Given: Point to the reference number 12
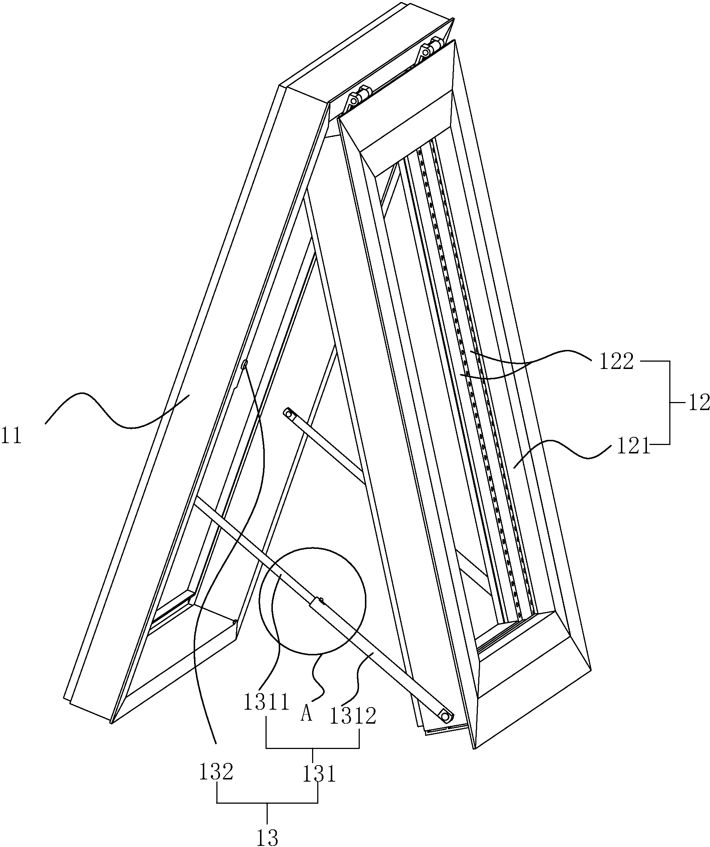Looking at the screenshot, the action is pyautogui.click(x=699, y=403).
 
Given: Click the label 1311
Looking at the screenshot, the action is pyautogui.click(x=266, y=702).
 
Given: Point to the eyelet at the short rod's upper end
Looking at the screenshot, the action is pyautogui.click(x=288, y=413).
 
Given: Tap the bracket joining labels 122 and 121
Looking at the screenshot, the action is pyautogui.click(x=670, y=403).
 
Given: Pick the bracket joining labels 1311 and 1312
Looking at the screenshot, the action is pyautogui.click(x=313, y=748).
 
